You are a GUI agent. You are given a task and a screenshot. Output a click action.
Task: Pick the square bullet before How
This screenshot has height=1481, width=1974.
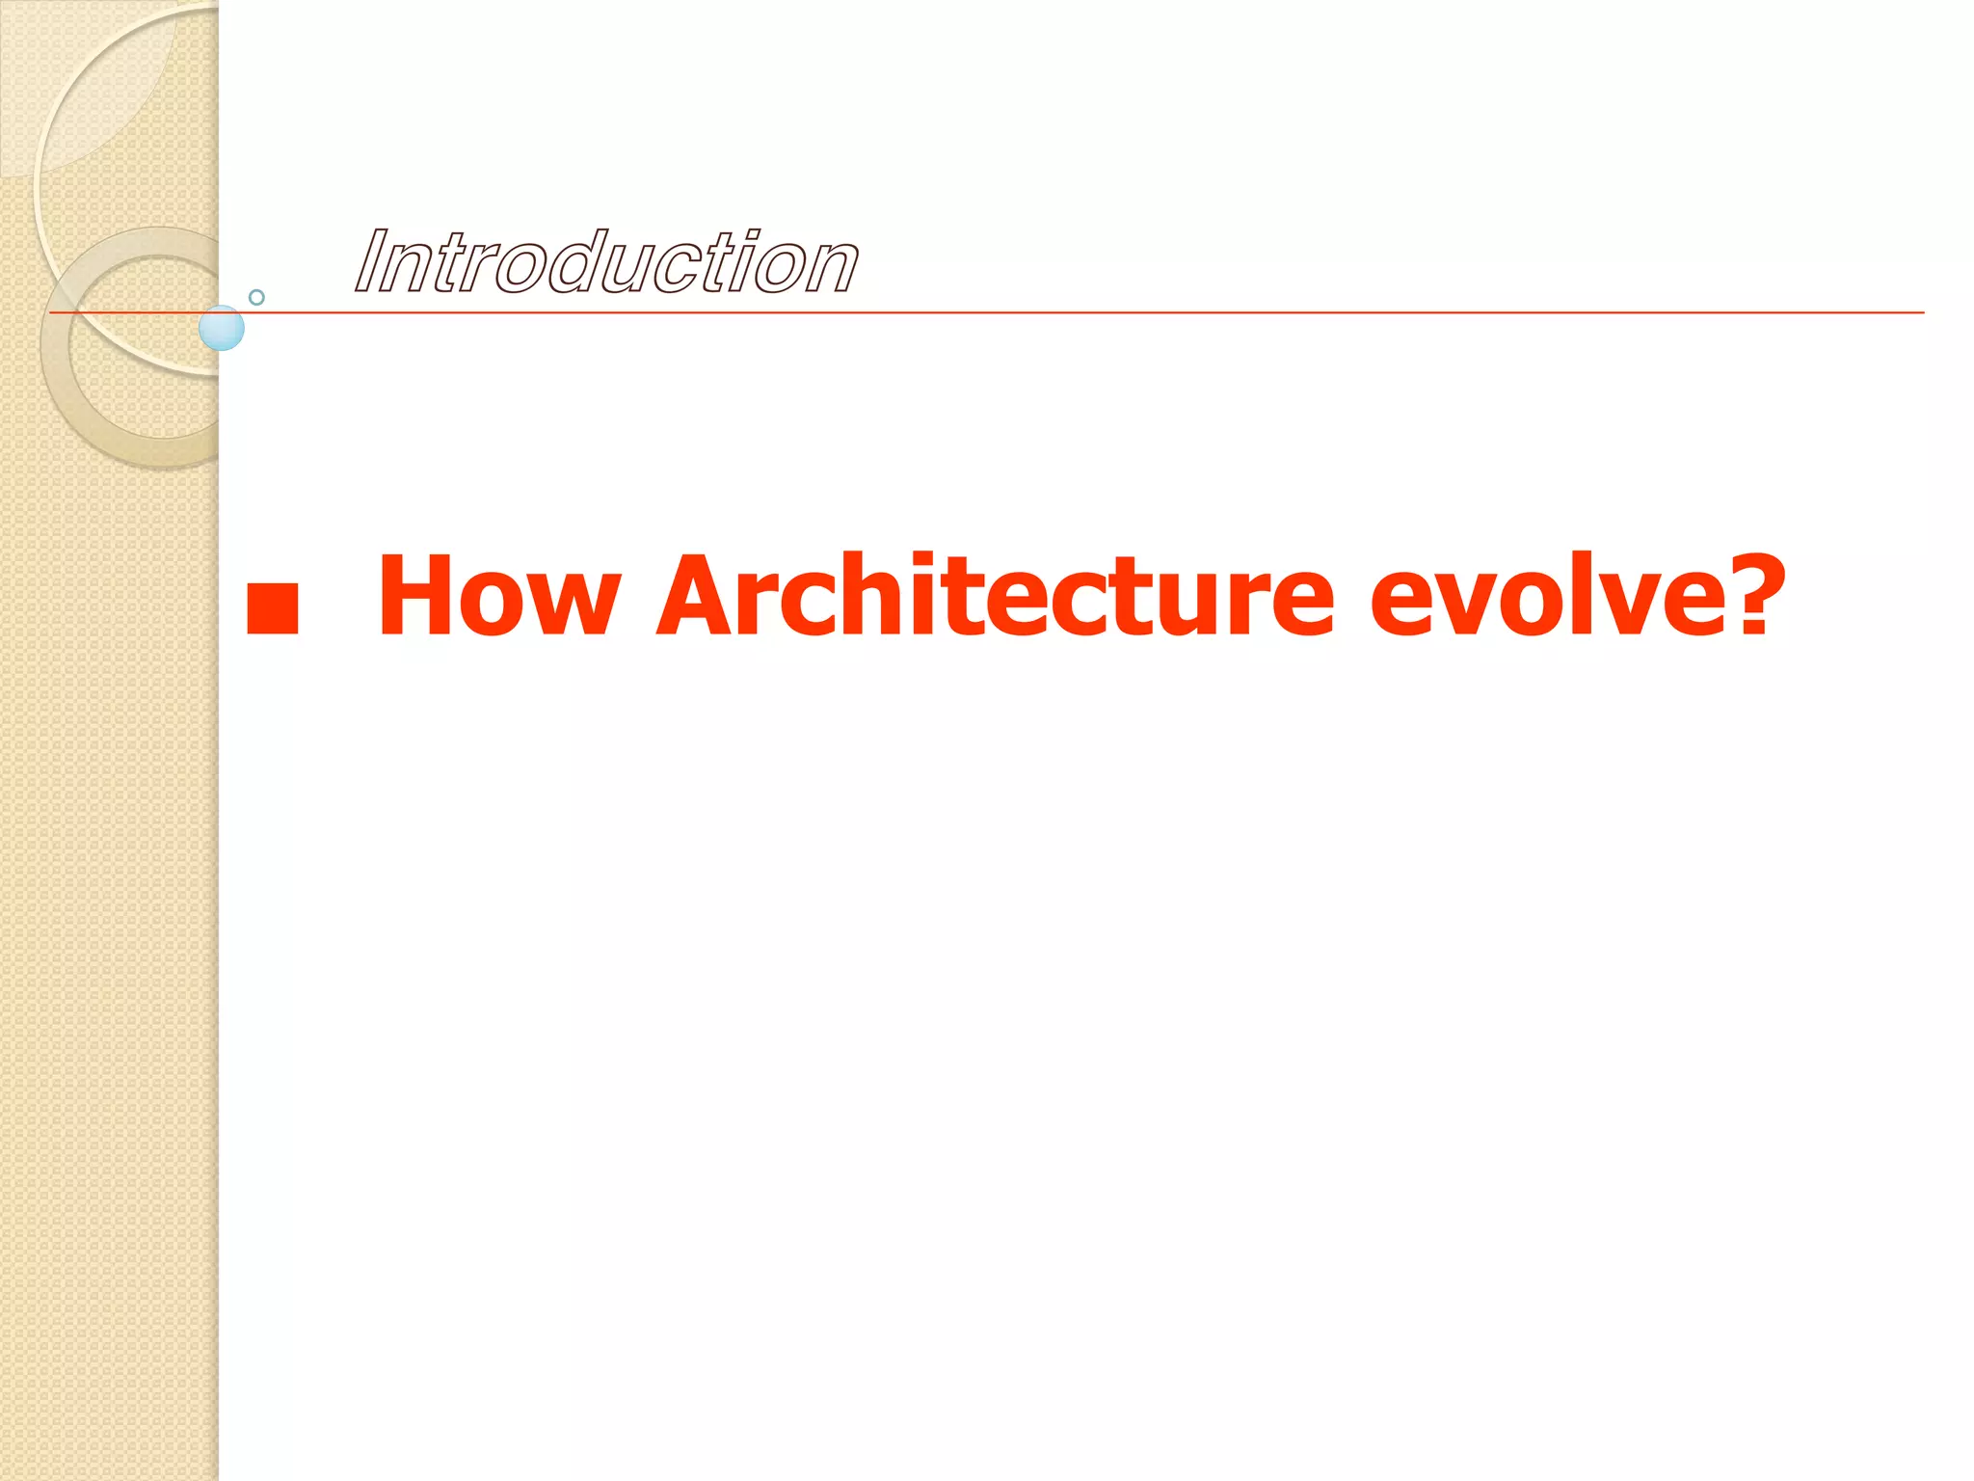coord(272,608)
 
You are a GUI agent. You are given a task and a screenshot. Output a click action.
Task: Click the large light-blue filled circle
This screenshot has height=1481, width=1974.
coord(222,329)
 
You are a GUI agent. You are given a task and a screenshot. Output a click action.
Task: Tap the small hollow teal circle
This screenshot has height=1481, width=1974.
coord(256,297)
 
